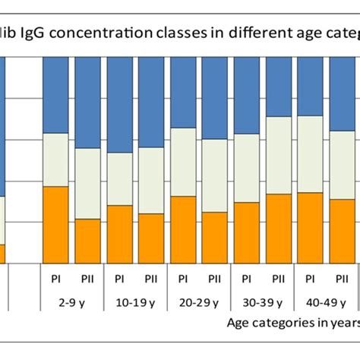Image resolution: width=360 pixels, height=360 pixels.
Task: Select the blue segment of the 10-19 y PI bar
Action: pos(119,104)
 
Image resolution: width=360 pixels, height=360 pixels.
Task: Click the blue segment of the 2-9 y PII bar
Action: pos(87,102)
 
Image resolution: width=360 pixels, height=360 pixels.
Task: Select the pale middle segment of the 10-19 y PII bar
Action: pos(151,180)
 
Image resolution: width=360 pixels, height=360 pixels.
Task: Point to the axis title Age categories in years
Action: pos(292,322)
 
